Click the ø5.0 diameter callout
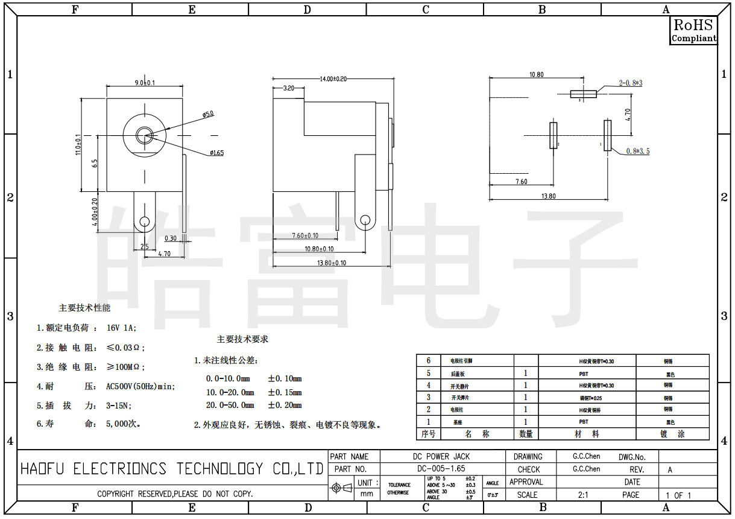[208, 113]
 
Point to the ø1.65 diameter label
[216, 153]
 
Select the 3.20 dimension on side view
[289, 89]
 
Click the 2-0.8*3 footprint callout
[630, 83]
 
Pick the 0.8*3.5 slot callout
[638, 151]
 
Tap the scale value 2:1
[583, 495]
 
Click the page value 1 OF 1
[678, 495]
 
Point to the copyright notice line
[175, 494]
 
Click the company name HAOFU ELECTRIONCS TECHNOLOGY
[172, 469]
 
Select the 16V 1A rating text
[122, 328]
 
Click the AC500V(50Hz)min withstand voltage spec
[140, 386]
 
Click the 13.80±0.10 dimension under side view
[332, 263]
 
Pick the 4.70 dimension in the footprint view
[628, 114]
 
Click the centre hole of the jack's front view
[145, 134]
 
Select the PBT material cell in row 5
[584, 374]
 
